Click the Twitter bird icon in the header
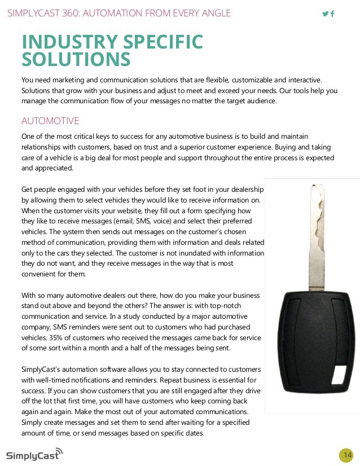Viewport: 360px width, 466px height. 325,14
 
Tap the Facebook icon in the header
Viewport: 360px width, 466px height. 332,14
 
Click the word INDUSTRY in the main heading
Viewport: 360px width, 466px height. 63,42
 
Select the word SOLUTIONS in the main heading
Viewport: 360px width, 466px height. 76,59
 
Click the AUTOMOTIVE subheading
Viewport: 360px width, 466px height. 50,121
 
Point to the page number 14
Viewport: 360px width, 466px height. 346,455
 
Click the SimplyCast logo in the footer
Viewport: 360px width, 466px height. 34,454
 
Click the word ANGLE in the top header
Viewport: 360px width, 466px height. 216,13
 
